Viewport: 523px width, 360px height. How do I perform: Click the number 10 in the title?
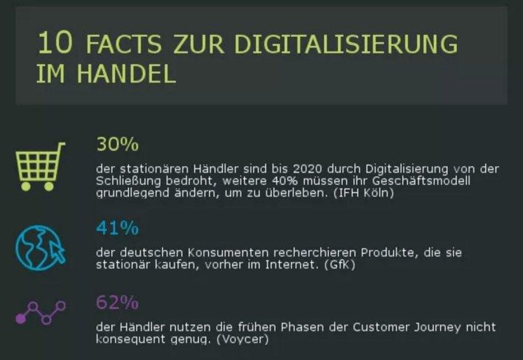coord(55,43)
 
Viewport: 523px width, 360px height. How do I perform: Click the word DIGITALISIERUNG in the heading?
coord(346,44)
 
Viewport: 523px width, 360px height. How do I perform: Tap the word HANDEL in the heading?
coord(126,74)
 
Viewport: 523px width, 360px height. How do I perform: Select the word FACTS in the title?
coord(124,44)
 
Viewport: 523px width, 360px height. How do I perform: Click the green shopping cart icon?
coord(40,166)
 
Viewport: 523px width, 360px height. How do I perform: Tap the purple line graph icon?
coord(40,312)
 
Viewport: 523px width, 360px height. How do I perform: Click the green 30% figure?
coord(117,145)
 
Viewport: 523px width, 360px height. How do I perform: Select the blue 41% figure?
coord(117,228)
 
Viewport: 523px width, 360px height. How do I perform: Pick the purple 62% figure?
coord(117,304)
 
